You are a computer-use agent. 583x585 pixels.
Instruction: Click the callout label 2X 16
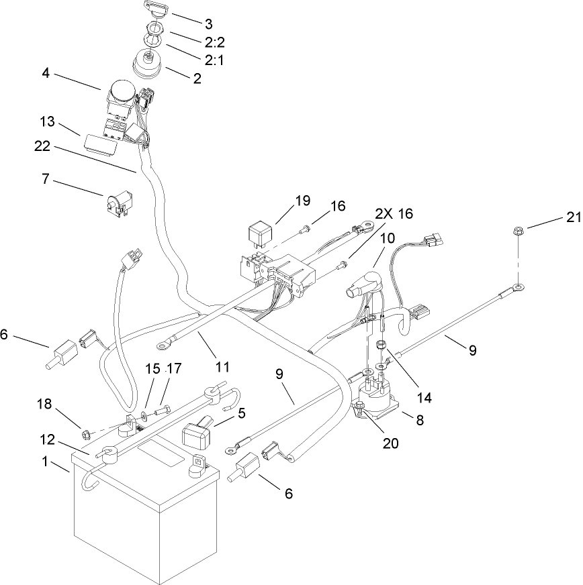[394, 214]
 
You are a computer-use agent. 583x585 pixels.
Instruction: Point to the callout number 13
[48, 121]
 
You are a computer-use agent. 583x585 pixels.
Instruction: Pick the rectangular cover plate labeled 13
[101, 145]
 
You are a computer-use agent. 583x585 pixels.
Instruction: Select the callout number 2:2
[214, 42]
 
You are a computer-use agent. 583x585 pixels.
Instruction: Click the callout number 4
[45, 73]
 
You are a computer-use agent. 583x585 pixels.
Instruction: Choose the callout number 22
[42, 146]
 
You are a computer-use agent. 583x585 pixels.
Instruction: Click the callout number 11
[222, 367]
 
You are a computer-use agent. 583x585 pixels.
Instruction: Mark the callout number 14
[424, 398]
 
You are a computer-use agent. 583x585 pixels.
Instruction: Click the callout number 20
[391, 443]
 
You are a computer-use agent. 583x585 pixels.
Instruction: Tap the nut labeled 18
[85, 434]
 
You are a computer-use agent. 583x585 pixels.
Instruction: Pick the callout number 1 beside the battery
[45, 462]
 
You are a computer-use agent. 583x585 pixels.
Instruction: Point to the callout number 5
[242, 413]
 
